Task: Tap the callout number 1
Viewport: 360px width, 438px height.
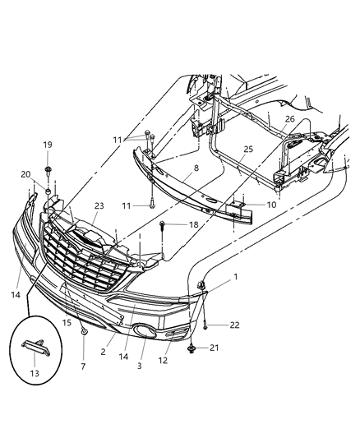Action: click(x=236, y=279)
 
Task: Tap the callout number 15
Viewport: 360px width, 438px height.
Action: click(x=66, y=323)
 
